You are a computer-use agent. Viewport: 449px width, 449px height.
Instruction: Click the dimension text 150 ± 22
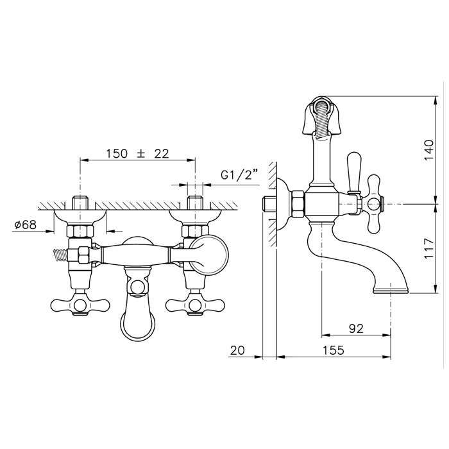[138, 154]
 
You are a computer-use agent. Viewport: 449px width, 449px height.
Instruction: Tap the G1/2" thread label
[240, 174]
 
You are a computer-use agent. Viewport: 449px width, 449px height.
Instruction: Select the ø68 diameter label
[26, 224]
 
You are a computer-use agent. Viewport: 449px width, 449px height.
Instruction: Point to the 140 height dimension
[428, 150]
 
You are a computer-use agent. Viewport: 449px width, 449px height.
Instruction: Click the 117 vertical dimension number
[428, 248]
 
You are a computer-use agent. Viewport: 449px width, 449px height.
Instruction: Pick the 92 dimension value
[356, 328]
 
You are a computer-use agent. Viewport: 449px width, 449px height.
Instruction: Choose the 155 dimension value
[334, 350]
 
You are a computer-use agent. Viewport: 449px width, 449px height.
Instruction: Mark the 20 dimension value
[237, 350]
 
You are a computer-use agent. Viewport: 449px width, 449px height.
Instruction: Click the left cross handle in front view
[80, 305]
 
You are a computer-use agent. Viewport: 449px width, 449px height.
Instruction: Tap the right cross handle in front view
[195, 305]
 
